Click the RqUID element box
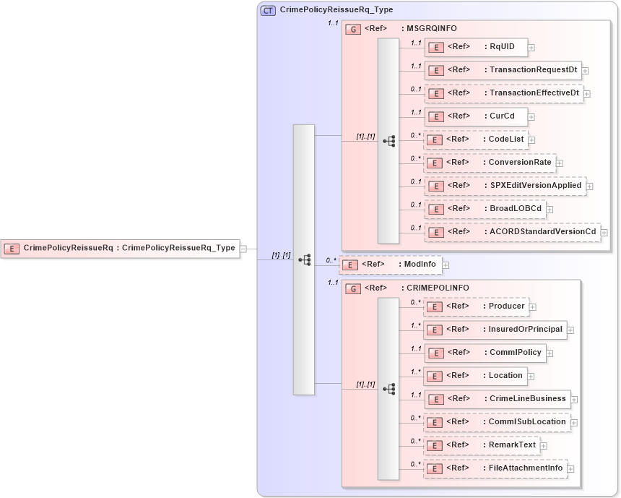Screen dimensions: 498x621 [475, 47]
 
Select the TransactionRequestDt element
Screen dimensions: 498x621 [503, 70]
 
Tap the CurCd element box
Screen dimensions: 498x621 [475, 116]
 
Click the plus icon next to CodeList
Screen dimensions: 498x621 [531, 139]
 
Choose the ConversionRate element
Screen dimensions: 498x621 [490, 163]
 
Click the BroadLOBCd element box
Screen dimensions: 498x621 [485, 209]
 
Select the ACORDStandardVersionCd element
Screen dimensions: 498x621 [512, 232]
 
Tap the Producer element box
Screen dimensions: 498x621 [476, 306]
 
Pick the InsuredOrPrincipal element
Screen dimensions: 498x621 [495, 330]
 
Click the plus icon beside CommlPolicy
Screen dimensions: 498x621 [550, 353]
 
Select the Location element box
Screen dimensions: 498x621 [475, 376]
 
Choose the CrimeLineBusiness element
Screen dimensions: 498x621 [498, 399]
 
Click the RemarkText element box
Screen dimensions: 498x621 [482, 445]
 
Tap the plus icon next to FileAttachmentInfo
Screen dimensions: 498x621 [570, 469]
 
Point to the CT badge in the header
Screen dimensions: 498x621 [268, 11]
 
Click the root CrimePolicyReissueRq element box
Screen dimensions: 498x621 [120, 248]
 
